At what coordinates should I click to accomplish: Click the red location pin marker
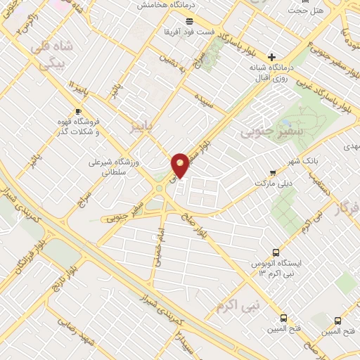pyautogui.click(x=181, y=165)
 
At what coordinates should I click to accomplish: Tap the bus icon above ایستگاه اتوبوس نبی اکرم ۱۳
pyautogui.click(x=276, y=252)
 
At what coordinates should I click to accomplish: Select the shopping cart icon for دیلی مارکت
pyautogui.click(x=273, y=172)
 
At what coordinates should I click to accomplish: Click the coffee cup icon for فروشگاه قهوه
pyautogui.click(x=79, y=112)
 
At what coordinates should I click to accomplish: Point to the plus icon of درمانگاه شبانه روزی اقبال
pyautogui.click(x=271, y=57)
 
